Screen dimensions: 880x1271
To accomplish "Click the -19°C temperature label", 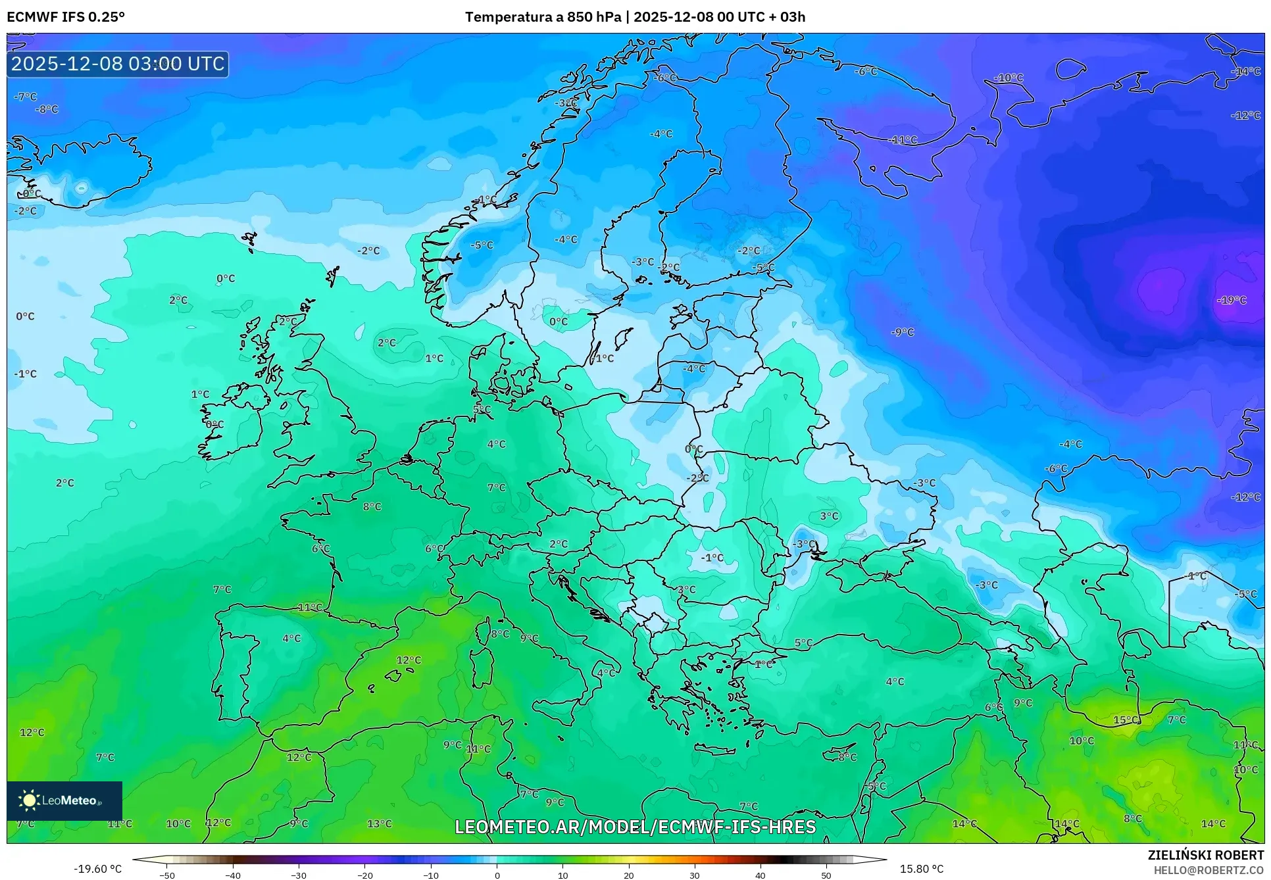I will pyautogui.click(x=1232, y=300).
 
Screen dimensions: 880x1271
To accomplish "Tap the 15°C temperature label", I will pyautogui.click(x=1126, y=720).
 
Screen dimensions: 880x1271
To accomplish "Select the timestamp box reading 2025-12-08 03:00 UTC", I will pyautogui.click(x=118, y=64).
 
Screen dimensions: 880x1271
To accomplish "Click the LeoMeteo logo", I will pyautogui.click(x=64, y=800).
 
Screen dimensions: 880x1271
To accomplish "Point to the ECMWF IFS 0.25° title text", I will pyautogui.click(x=65, y=17).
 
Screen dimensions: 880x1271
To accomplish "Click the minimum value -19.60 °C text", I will pyautogui.click(x=98, y=869).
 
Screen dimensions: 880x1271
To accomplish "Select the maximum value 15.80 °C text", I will pyautogui.click(x=921, y=869).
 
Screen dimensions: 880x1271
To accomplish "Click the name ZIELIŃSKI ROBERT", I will pyautogui.click(x=1205, y=855).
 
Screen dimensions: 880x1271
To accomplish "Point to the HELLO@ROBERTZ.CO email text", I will pyautogui.click(x=1209, y=870).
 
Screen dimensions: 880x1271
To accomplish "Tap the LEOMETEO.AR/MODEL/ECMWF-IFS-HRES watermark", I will pyautogui.click(x=635, y=827).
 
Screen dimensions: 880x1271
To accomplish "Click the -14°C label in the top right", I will pyautogui.click(x=1245, y=71).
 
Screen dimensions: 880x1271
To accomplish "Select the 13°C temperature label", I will pyautogui.click(x=379, y=823).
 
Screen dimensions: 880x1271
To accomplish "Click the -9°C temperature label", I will pyautogui.click(x=902, y=332).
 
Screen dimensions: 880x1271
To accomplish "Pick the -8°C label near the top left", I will pyautogui.click(x=47, y=109).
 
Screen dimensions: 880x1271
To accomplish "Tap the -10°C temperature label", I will pyautogui.click(x=1008, y=78).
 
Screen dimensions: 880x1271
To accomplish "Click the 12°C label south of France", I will pyautogui.click(x=408, y=660).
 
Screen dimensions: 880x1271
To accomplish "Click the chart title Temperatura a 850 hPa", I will pyautogui.click(x=543, y=17).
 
